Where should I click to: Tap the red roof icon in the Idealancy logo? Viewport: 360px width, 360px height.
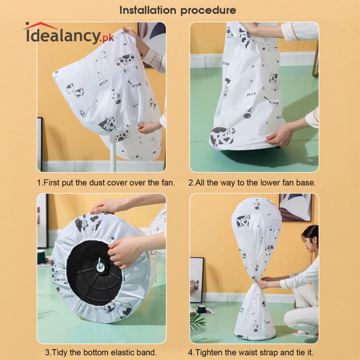40,26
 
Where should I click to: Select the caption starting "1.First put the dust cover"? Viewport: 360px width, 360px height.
106,183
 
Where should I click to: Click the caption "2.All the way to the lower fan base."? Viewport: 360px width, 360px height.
252,183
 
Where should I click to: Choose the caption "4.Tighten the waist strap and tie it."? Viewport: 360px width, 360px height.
254,352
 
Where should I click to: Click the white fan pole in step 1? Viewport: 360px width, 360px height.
112,148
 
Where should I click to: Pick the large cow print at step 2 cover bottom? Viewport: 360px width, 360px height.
222,135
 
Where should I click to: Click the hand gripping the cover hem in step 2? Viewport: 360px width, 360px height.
279,135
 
